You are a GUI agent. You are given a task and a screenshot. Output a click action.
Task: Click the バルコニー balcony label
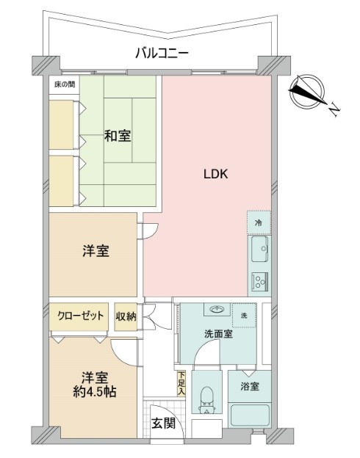point(162,54)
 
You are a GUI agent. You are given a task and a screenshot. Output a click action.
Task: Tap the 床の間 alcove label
point(65,84)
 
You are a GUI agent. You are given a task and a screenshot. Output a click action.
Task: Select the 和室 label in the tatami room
point(118,136)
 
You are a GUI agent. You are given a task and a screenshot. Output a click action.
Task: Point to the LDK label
point(215,174)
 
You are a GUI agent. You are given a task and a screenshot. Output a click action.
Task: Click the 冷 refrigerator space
point(259,223)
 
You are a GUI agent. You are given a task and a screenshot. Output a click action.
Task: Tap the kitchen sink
point(259,249)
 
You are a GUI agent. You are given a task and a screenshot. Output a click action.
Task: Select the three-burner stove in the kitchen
point(260,281)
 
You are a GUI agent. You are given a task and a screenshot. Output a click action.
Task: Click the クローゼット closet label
point(80,316)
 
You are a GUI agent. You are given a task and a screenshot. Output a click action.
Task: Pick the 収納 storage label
point(126,316)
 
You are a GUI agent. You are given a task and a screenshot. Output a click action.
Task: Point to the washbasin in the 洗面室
point(217,309)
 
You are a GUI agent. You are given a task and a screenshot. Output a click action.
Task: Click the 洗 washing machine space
point(244,315)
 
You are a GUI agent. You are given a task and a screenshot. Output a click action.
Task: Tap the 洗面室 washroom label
point(218,334)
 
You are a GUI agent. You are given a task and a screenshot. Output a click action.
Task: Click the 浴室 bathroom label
point(250,386)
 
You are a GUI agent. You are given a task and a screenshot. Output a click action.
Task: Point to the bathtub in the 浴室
point(250,415)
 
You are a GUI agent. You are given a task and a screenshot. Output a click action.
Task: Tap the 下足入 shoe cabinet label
point(181,383)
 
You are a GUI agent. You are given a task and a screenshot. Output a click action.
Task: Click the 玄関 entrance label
point(163,423)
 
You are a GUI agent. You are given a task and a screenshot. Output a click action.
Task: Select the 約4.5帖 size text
point(95,392)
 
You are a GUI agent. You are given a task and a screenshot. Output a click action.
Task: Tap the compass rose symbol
point(307,91)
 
